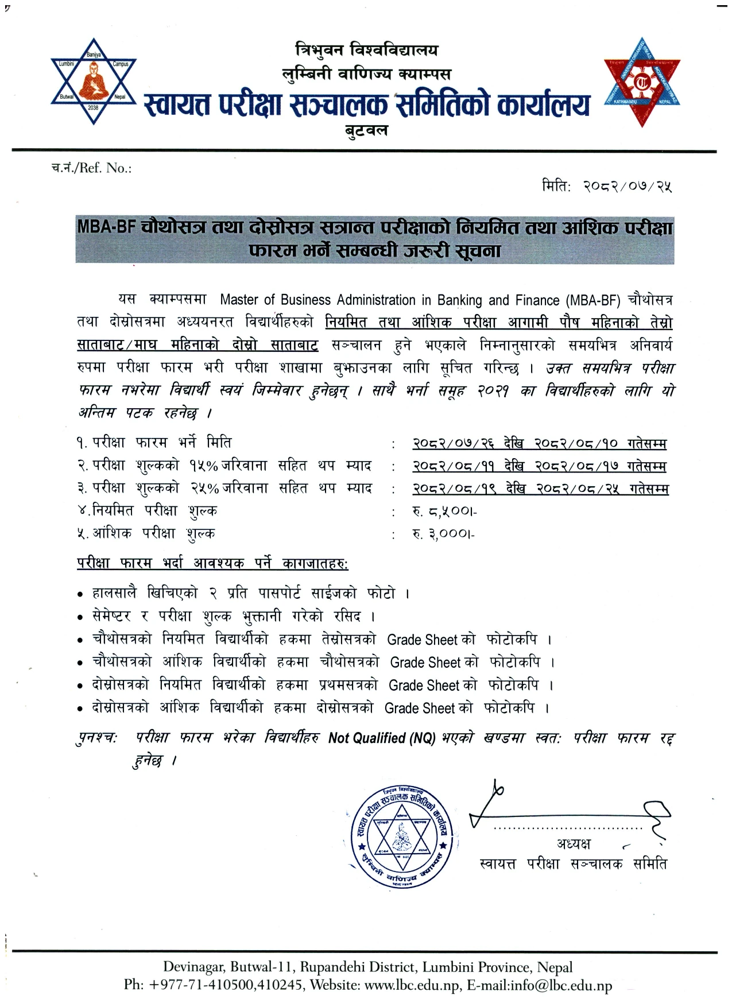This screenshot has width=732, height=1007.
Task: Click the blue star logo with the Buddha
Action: pyautogui.click(x=93, y=81)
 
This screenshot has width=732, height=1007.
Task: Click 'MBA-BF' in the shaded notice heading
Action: pyautogui.click(x=106, y=227)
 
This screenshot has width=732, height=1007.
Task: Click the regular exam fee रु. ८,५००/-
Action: pyautogui.click(x=443, y=511)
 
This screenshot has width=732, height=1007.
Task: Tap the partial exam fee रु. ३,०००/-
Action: pyautogui.click(x=443, y=534)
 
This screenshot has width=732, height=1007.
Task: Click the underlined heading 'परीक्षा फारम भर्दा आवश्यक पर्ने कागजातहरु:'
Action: pyautogui.click(x=212, y=564)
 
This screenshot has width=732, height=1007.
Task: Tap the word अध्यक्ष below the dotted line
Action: pyautogui.click(x=572, y=844)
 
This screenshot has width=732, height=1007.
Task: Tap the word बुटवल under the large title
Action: pyautogui.click(x=366, y=130)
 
